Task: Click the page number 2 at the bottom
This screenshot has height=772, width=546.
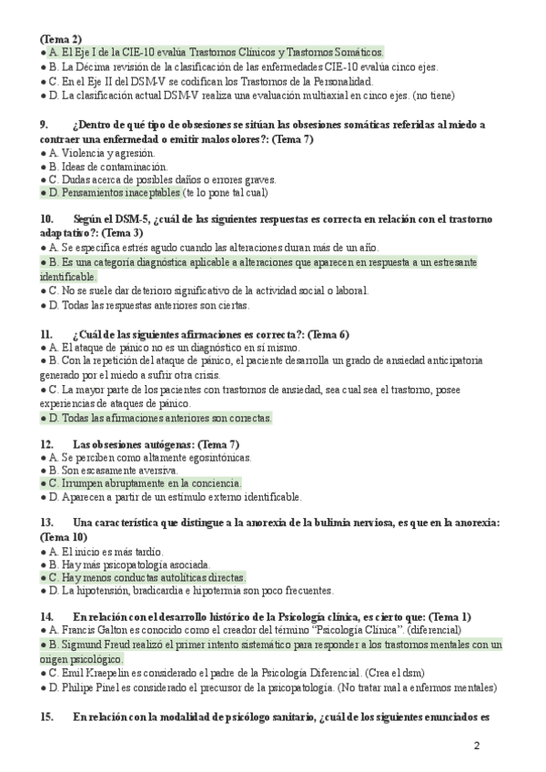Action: pos(477,747)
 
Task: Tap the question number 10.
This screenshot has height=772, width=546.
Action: pos(47,219)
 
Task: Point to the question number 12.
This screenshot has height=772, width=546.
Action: pos(47,443)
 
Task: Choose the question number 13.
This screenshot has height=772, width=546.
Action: pos(47,523)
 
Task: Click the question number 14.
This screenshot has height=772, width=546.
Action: pos(47,616)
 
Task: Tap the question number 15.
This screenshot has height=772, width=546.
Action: pos(47,716)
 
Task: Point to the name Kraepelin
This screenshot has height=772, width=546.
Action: pos(108,673)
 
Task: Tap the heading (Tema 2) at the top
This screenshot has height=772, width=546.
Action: pos(61,39)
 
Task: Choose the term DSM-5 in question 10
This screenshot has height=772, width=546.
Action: pos(127,219)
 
